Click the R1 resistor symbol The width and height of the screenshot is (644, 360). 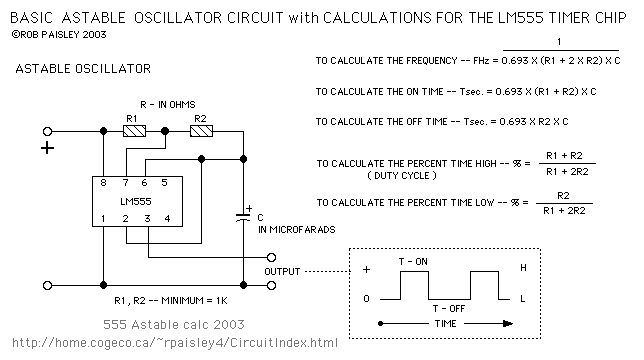(134, 131)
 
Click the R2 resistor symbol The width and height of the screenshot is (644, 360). (202, 131)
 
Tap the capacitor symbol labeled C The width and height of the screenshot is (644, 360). (243, 217)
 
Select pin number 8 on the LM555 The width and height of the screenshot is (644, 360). (103, 183)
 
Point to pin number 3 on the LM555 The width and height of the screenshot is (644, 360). (147, 218)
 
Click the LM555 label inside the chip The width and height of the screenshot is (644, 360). (136, 202)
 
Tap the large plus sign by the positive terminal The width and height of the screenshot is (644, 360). (48, 148)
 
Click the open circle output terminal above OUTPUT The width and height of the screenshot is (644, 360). (271, 257)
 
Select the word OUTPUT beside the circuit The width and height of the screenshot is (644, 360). (282, 272)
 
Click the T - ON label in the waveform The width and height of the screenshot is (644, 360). (413, 261)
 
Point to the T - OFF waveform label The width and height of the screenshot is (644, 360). (448, 308)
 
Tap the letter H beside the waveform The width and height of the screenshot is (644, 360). (523, 268)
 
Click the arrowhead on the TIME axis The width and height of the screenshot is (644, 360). (508, 323)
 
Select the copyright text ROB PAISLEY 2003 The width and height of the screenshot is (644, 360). (59, 34)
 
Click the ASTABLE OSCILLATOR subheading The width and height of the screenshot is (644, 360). (83, 69)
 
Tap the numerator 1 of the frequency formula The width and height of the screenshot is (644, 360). (559, 41)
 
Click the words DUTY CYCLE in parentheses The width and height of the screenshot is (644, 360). (402, 176)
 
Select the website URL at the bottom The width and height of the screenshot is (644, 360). (175, 343)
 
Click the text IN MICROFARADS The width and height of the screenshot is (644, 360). (297, 229)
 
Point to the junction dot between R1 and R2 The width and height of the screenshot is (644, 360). (165, 131)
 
